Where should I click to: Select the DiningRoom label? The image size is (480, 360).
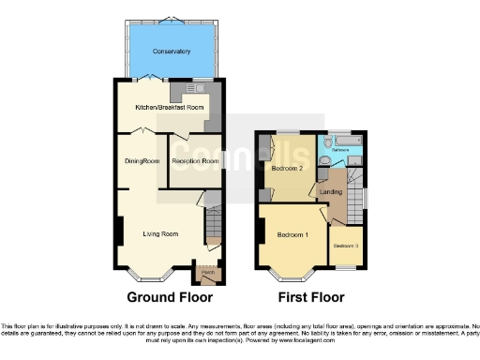coord(142,161)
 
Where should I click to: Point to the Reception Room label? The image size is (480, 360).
coord(195,161)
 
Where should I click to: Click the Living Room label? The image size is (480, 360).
coord(161,233)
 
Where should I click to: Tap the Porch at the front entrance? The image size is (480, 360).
coord(208,273)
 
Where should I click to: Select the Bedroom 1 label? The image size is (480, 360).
coord(292,233)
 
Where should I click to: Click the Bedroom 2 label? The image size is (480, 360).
coord(283,169)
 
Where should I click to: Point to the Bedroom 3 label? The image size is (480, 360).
coord(346,246)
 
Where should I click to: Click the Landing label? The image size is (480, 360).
coord(331,192)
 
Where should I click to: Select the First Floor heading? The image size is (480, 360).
coord(313,297)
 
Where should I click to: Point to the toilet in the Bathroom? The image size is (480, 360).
coord(324,160)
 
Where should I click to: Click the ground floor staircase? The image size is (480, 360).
coord(213,225)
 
